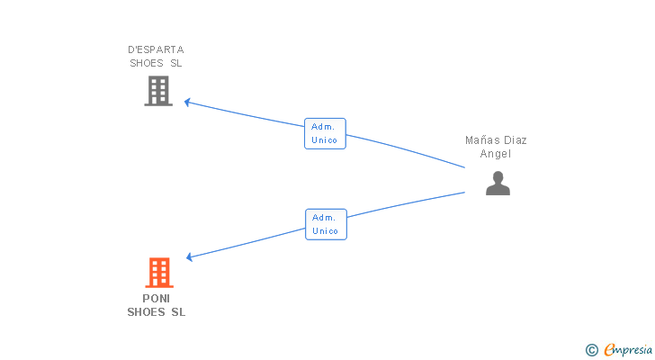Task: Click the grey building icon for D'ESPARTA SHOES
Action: coord(158,91)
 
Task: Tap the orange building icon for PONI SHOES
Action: coord(158,273)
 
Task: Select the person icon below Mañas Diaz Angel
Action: coord(498,184)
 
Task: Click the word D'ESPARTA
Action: coord(156,49)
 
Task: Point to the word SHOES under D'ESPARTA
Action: coord(147,64)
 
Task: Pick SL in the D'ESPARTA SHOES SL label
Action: coord(176,64)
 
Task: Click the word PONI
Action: coord(157,298)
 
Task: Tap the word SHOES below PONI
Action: coord(146,312)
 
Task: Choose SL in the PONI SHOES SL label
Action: coord(177,312)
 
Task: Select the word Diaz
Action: coord(516,139)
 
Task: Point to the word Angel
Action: coord(496,154)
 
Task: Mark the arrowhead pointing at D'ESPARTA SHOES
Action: coord(187,102)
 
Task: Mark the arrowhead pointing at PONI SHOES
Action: coord(189,257)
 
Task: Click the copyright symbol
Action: coord(591,349)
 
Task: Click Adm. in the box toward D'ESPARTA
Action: coord(324,127)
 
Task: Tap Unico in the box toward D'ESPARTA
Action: coord(325,140)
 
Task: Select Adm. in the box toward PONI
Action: coord(325,217)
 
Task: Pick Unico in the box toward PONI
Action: coord(326,231)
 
